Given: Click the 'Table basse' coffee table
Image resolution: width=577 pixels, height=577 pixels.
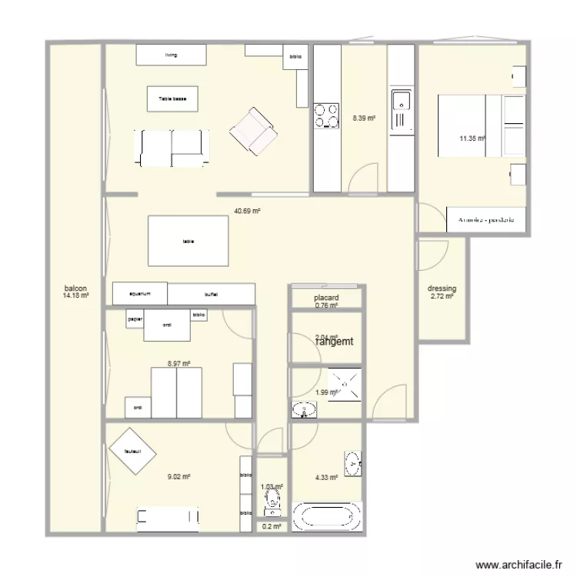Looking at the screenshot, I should pos(172,98).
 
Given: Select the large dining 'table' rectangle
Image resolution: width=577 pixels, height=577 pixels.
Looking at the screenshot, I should pos(188,241).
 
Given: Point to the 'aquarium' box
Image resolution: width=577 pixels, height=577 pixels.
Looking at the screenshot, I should pos(139,293).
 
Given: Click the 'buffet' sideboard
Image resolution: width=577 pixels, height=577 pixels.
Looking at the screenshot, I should pos(211,294).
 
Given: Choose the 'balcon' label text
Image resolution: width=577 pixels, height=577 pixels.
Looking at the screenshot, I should pos(75,288).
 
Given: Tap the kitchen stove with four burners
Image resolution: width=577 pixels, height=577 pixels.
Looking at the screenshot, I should pos(325,115).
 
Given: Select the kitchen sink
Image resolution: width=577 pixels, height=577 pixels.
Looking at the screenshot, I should pos(401,101).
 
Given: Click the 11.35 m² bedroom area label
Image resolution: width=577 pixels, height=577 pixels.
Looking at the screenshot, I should pos(472,138).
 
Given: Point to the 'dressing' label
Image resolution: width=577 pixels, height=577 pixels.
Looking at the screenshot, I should pos(442,289).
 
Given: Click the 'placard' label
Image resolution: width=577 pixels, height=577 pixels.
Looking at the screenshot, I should pos(326,298).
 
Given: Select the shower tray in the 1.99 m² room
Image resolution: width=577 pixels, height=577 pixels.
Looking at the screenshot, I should pos(345,382).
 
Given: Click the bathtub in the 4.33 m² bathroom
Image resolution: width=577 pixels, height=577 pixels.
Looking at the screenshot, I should pos(327,515).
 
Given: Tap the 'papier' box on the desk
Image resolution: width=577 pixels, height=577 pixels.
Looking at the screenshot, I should pos(135,319).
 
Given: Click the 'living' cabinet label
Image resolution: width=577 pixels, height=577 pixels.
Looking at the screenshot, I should pos(171,55).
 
